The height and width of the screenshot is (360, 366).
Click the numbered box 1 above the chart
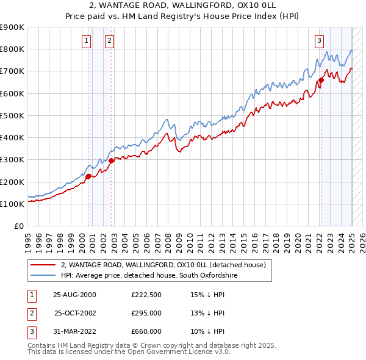(86, 41)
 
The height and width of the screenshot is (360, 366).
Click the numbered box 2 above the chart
(109, 41)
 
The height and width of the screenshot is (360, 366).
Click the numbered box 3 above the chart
(319, 41)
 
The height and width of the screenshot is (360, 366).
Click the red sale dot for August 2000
(88, 176)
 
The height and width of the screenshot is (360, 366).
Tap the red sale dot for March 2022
(321, 80)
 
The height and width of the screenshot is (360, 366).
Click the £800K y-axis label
(12, 49)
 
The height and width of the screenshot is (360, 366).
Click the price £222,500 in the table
(146, 295)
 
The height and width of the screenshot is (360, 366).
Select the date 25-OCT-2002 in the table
(76, 313)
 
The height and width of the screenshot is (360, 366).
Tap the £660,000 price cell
(146, 331)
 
